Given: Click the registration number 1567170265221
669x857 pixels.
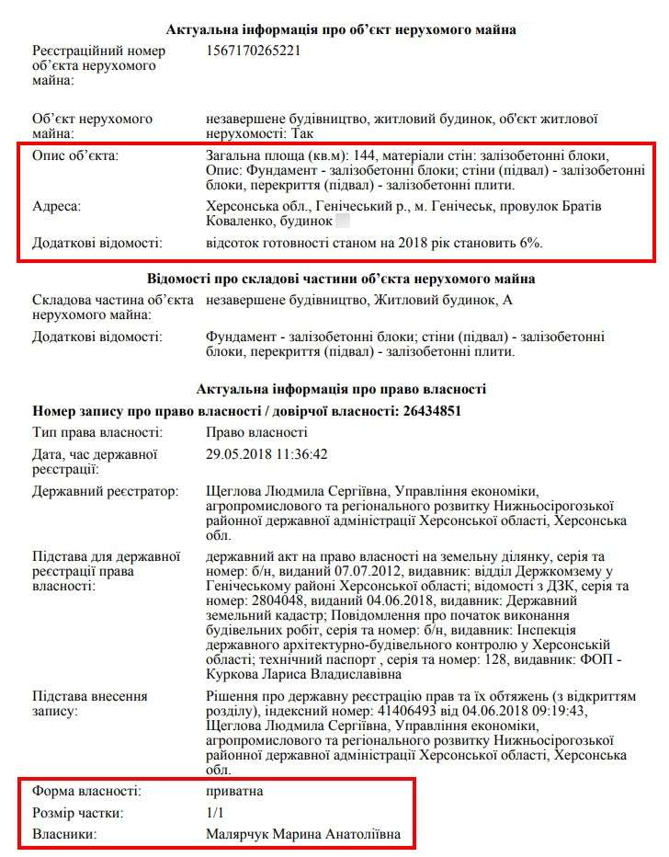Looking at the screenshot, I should (x=254, y=51).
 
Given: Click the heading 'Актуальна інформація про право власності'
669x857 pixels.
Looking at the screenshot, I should (x=341, y=389).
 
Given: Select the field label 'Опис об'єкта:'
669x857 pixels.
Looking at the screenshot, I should (x=75, y=155).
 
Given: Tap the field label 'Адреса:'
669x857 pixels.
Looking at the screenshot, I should (x=57, y=206).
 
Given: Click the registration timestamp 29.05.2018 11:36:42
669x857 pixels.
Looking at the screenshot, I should (x=267, y=453).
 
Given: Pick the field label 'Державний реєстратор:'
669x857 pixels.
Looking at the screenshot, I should (x=106, y=492).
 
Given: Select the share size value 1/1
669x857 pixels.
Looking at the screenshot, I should (x=215, y=812).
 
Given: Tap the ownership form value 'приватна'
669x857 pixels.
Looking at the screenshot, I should (x=235, y=790).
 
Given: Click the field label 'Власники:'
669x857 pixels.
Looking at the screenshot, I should (x=65, y=834).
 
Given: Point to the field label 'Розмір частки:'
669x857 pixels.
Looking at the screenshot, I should (x=78, y=812).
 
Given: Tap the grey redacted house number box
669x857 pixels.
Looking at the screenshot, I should (x=342, y=222).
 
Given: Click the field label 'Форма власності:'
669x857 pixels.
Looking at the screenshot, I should (x=86, y=790).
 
